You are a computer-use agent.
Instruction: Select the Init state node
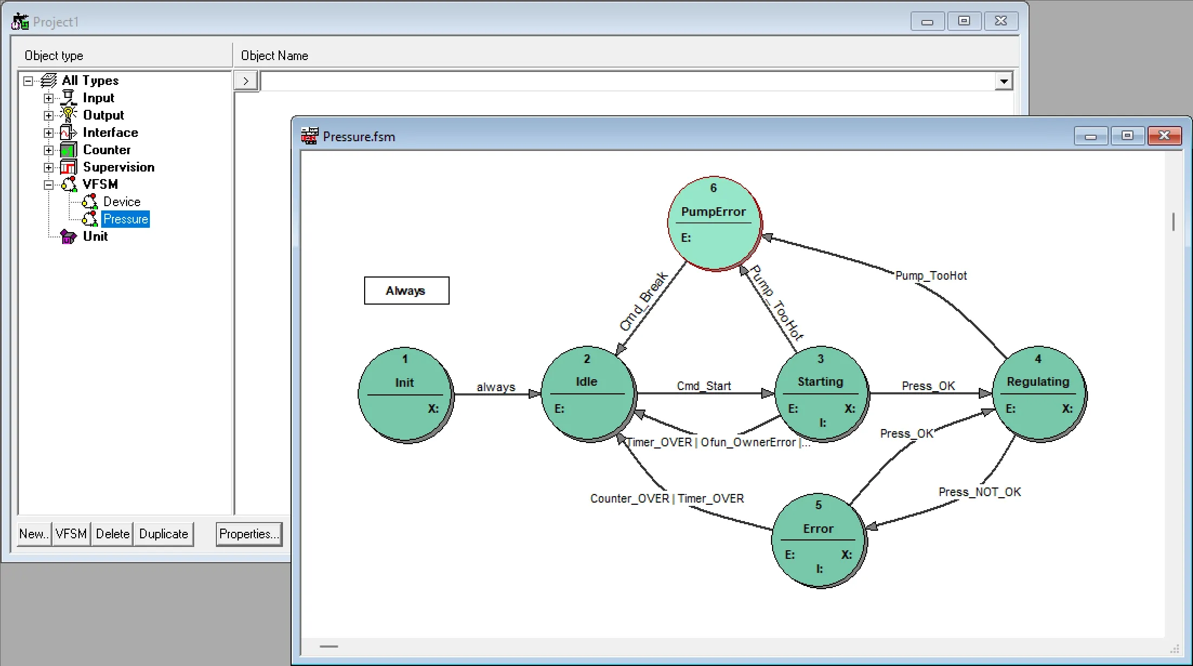405,394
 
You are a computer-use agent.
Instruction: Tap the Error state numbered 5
818,540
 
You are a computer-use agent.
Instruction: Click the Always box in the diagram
406,291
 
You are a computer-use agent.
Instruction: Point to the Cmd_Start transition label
703,386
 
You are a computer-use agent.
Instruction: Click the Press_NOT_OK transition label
979,492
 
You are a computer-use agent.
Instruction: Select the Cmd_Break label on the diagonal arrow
643,301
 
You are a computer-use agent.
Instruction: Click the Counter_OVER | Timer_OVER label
667,498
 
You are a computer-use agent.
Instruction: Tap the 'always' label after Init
496,387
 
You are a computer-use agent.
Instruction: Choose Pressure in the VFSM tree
126,219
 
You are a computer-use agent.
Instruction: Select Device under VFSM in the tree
122,202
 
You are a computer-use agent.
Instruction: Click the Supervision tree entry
118,167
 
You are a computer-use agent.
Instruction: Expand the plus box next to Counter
49,150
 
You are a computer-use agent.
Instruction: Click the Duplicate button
163,534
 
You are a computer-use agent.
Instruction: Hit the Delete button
113,534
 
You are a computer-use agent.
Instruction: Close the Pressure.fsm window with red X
1164,136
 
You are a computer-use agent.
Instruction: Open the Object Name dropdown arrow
1004,81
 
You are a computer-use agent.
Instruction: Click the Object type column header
54,56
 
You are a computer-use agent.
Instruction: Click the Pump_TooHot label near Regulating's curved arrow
931,275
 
